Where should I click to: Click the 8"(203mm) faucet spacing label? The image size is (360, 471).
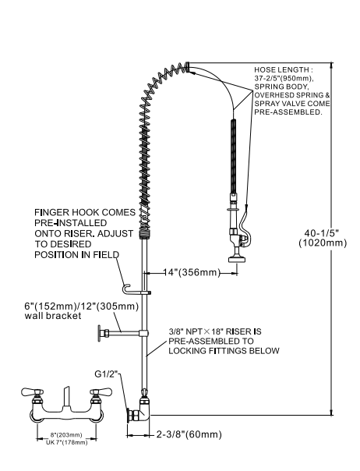[x=64, y=436]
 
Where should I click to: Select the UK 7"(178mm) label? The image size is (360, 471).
[x=64, y=443]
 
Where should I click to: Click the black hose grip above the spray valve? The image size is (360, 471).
[x=231, y=156]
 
